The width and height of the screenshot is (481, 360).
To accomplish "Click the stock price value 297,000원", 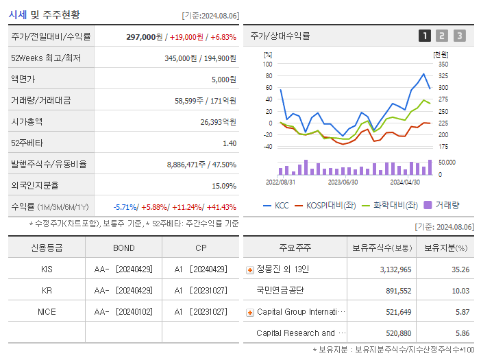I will pyautogui.click(x=145, y=37).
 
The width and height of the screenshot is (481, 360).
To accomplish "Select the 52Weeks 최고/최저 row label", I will pyautogui.click(x=46, y=58).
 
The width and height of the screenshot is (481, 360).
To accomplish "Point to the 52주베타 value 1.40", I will pyautogui.click(x=230, y=143).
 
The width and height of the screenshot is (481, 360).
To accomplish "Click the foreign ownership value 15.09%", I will pyautogui.click(x=224, y=186).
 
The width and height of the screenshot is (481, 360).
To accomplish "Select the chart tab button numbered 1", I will pyautogui.click(x=425, y=36).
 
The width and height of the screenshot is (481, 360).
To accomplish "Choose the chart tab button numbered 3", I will pyautogui.click(x=459, y=36).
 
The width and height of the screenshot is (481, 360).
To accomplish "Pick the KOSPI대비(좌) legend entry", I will pyautogui.click(x=321, y=205).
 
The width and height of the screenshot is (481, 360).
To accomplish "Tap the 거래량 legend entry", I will pyautogui.click(x=442, y=205).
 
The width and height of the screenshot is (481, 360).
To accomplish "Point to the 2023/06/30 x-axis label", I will pyautogui.click(x=343, y=182).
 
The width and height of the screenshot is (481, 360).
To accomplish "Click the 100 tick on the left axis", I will pyautogui.click(x=267, y=64).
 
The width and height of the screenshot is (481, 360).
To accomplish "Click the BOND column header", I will pyautogui.click(x=124, y=248).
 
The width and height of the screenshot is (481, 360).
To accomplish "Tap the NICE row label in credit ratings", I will pyautogui.click(x=47, y=312).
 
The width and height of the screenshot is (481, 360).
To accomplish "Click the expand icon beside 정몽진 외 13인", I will pyautogui.click(x=249, y=269).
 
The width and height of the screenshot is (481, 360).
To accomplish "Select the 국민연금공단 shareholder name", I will pyautogui.click(x=280, y=291).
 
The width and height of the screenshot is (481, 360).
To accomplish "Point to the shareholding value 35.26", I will pyautogui.click(x=461, y=269).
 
